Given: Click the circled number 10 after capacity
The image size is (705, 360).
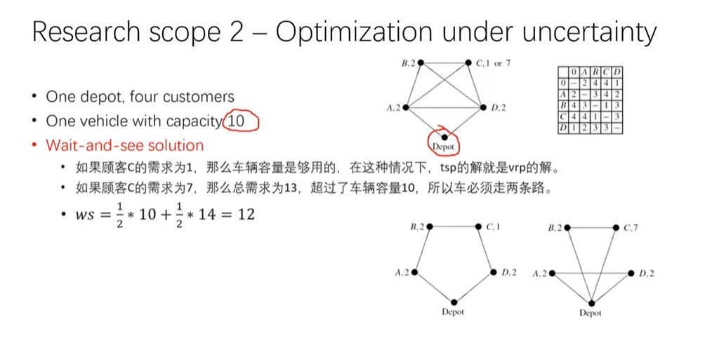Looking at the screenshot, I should click(x=237, y=121).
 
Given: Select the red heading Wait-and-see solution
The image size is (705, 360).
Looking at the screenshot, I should click(x=125, y=145).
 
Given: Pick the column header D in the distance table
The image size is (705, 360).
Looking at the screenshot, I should click(x=617, y=72).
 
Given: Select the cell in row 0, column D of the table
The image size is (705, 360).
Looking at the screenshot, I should click(x=617, y=82).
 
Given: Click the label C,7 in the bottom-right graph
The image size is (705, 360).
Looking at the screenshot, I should click(x=631, y=227).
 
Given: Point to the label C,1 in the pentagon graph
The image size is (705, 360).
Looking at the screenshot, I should click(x=493, y=227).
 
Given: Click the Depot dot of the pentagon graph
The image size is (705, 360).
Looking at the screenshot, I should click(x=454, y=301).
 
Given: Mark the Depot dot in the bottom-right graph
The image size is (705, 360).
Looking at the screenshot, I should click(x=591, y=302).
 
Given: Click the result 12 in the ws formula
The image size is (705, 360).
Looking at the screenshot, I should click(x=246, y=214).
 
